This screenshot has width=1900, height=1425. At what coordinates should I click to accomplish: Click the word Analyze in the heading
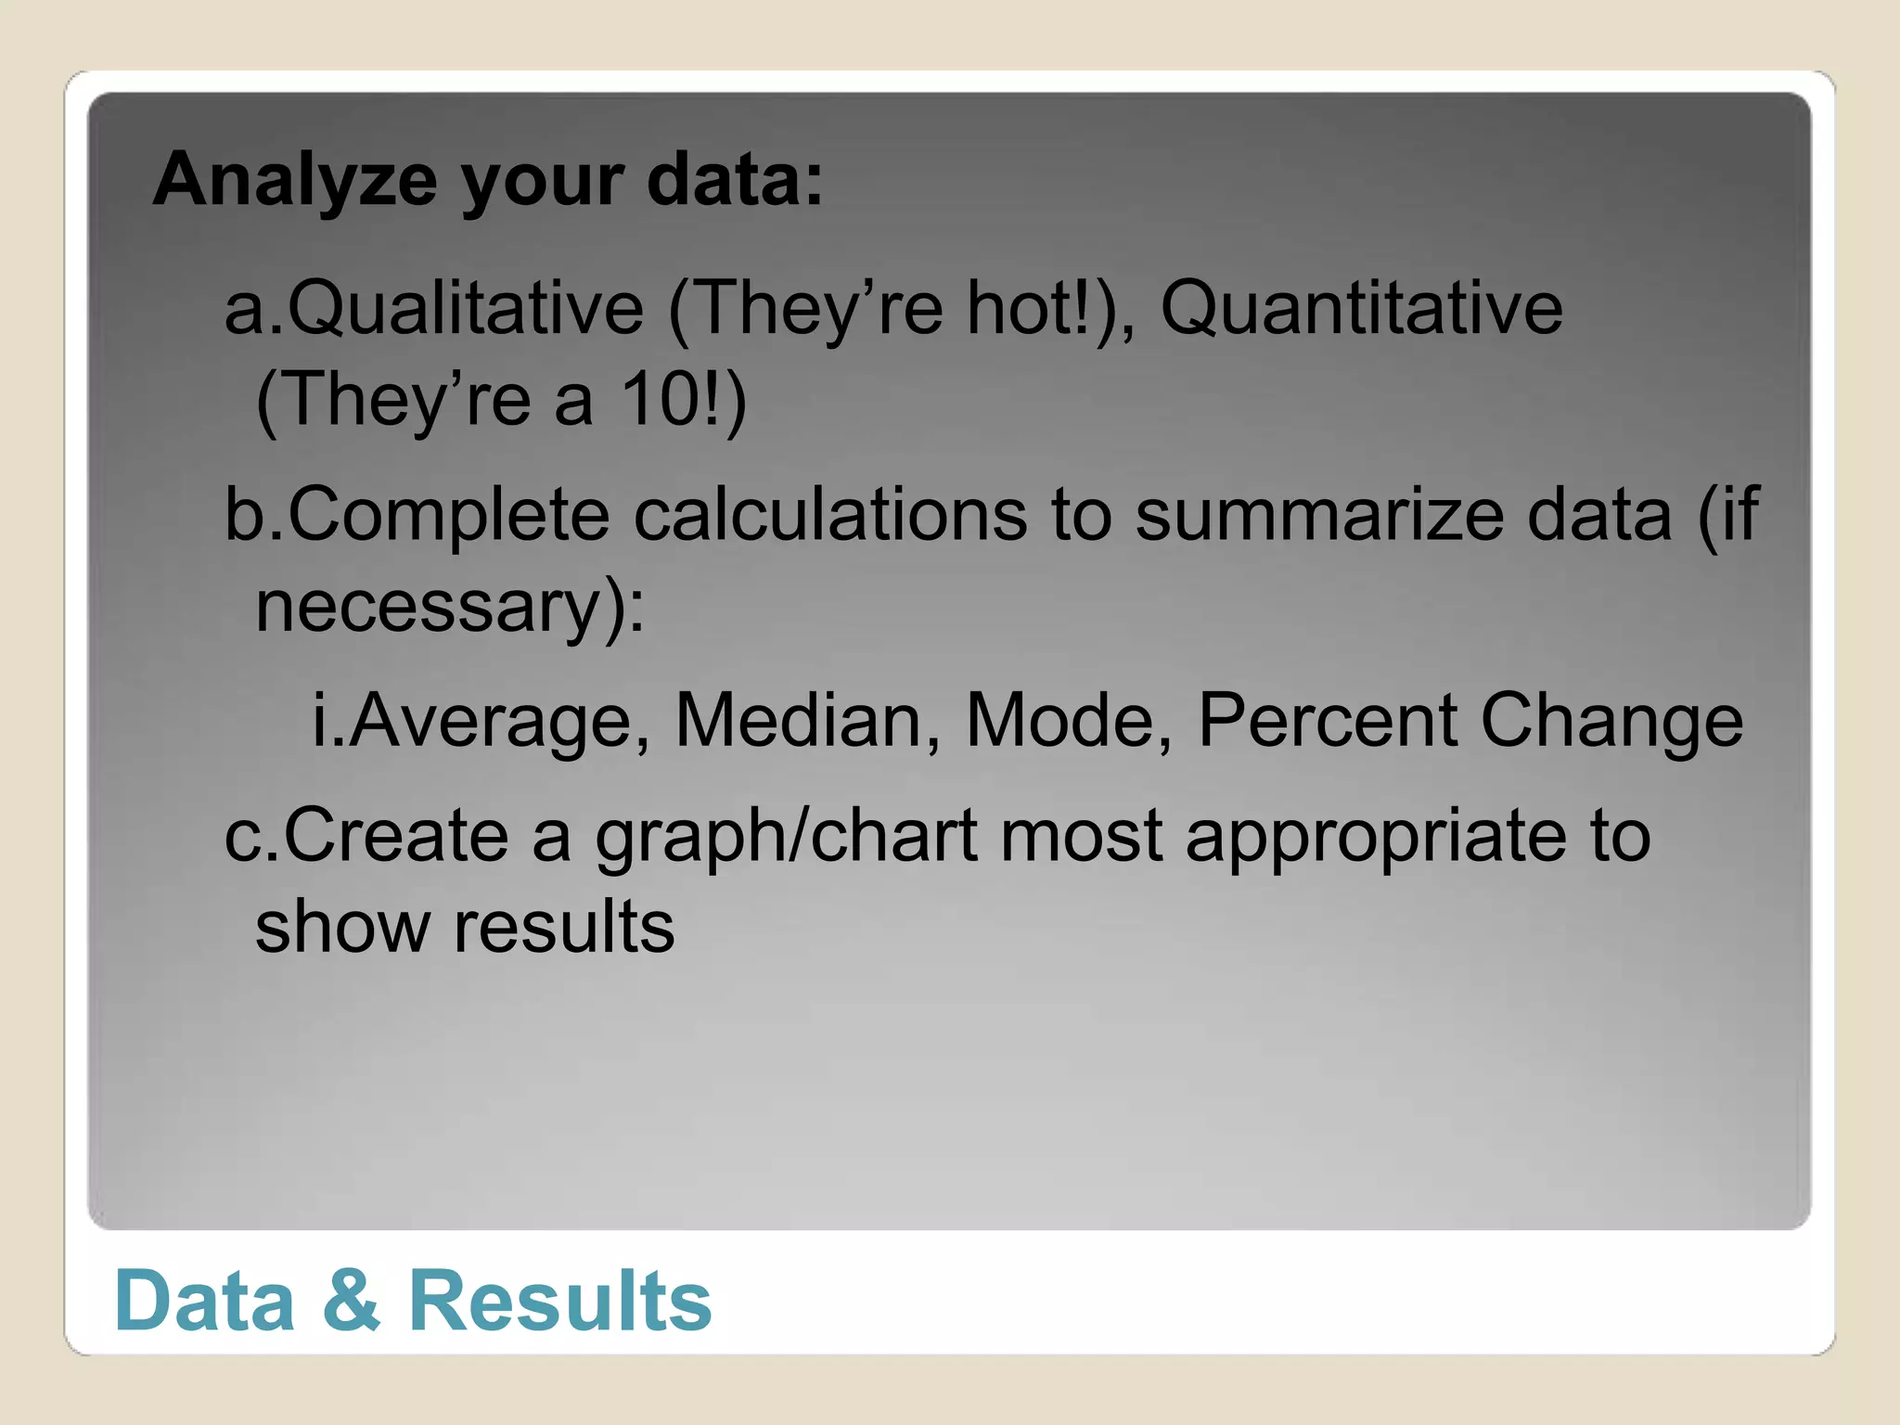pyautogui.click(x=295, y=180)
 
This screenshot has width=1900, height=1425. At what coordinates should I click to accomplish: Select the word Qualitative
pyautogui.click(x=465, y=308)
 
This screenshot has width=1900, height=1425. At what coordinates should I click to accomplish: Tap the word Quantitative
pyautogui.click(x=1361, y=308)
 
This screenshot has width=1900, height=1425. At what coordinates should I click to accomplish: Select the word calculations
pyautogui.click(x=830, y=515)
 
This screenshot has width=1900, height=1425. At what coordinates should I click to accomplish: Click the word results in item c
pyautogui.click(x=564, y=928)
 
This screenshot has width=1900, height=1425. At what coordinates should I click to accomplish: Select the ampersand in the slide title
pyautogui.click(x=352, y=1301)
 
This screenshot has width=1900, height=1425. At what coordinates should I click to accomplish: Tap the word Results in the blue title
pyautogui.click(x=560, y=1301)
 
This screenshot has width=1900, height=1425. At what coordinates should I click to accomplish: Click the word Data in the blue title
pyautogui.click(x=205, y=1301)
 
